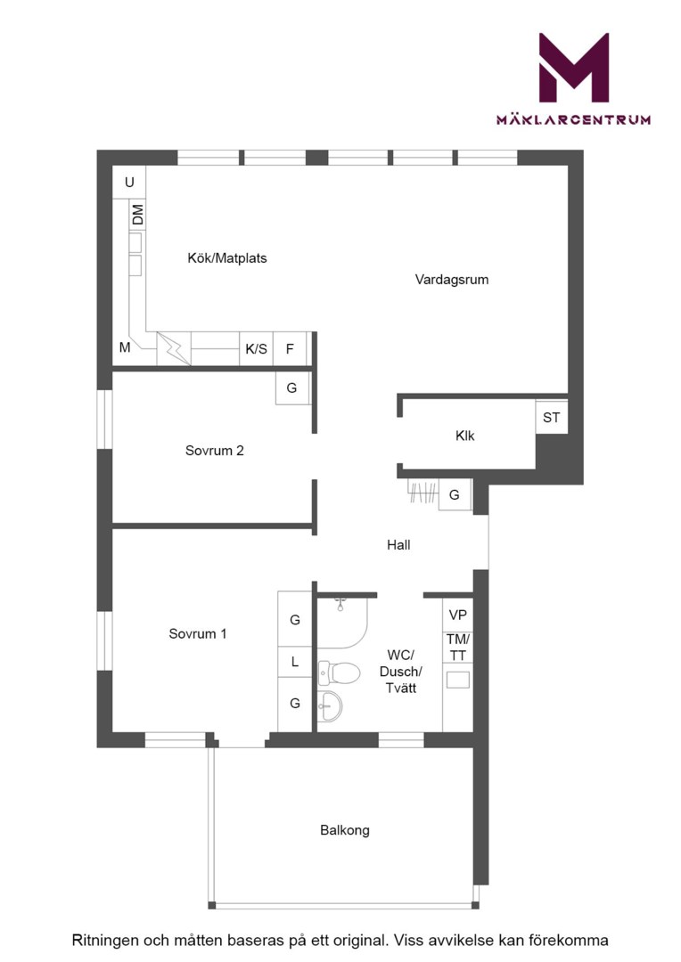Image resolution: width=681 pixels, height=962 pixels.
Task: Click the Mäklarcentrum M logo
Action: coord(573,68)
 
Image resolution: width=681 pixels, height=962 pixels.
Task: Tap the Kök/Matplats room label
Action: coord(227,258)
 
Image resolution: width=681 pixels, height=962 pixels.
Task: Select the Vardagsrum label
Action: coord(452,280)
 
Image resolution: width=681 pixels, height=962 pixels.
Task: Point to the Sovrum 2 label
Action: coord(214,451)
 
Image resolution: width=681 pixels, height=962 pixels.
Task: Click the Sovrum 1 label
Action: coord(198,634)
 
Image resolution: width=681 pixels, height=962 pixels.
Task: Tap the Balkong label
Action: coord(344,831)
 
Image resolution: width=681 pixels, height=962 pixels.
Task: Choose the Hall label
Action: coord(398,545)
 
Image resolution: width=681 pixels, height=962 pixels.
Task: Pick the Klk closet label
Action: coord(465,436)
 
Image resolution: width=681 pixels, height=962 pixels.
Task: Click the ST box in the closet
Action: coord(552,417)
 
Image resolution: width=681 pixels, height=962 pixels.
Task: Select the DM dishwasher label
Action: coord(137,215)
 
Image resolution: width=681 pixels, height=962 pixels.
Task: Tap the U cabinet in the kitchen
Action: coord(129,183)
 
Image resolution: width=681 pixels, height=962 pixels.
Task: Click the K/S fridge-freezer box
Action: coord(256,349)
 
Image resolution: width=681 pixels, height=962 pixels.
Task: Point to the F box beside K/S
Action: coord(290,349)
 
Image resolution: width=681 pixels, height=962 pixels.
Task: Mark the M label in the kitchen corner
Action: coord(125,348)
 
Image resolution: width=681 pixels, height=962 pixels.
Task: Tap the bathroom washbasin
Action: coord(330,706)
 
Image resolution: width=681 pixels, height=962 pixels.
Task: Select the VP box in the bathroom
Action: coord(457,615)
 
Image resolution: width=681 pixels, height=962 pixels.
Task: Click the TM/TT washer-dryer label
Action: coord(458,648)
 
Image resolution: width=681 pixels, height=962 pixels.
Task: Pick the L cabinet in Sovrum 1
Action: coord(295,662)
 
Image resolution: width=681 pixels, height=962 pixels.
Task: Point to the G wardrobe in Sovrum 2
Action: coord(291,387)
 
